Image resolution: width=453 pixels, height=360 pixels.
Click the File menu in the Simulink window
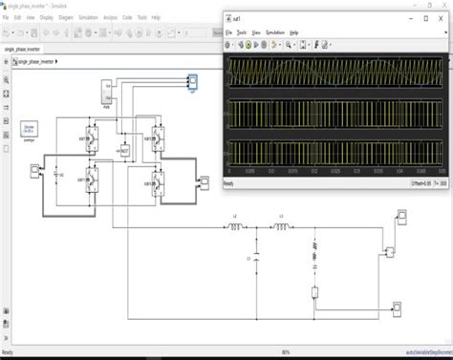8,17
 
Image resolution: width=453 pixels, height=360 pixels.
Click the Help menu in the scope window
293,32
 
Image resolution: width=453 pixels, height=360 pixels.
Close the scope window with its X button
442,17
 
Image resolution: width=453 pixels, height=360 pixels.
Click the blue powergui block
29,129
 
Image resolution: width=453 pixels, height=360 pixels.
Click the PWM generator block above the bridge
107,94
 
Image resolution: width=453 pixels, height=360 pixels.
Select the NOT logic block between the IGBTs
124,150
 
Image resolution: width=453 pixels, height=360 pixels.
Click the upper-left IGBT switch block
94,138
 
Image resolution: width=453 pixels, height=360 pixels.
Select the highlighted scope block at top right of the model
191,87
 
